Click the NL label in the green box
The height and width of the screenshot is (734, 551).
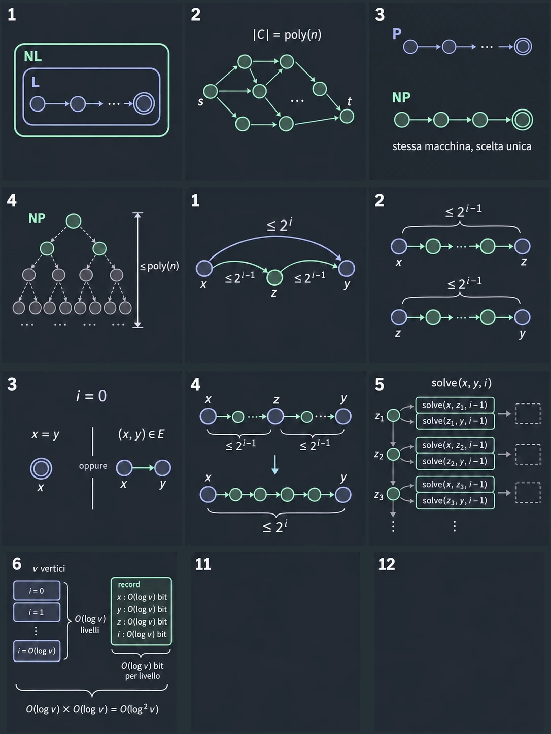(x=33, y=56)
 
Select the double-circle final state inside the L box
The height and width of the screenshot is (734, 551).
(x=144, y=104)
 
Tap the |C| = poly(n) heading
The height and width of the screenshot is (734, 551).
(x=287, y=35)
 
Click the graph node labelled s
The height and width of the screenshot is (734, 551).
(x=211, y=91)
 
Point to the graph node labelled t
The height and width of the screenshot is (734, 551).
(x=347, y=117)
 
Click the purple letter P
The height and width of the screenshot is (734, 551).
(x=397, y=33)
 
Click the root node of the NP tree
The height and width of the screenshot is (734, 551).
(x=74, y=221)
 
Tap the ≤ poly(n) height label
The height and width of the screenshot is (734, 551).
(x=160, y=266)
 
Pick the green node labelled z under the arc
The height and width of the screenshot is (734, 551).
(x=274, y=277)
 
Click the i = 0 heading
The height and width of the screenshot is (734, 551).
(x=91, y=396)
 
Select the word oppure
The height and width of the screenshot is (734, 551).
(x=93, y=466)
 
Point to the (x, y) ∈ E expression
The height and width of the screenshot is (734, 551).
(x=141, y=434)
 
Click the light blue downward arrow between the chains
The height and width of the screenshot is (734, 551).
(x=275, y=464)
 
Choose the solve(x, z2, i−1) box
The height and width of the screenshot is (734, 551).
(x=455, y=445)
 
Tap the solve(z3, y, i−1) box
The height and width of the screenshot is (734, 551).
(x=455, y=501)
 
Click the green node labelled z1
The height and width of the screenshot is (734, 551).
(x=393, y=415)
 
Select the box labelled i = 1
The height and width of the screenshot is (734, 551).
(x=37, y=612)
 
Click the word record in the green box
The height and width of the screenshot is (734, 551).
(x=129, y=584)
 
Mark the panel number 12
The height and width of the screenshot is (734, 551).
(x=387, y=565)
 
